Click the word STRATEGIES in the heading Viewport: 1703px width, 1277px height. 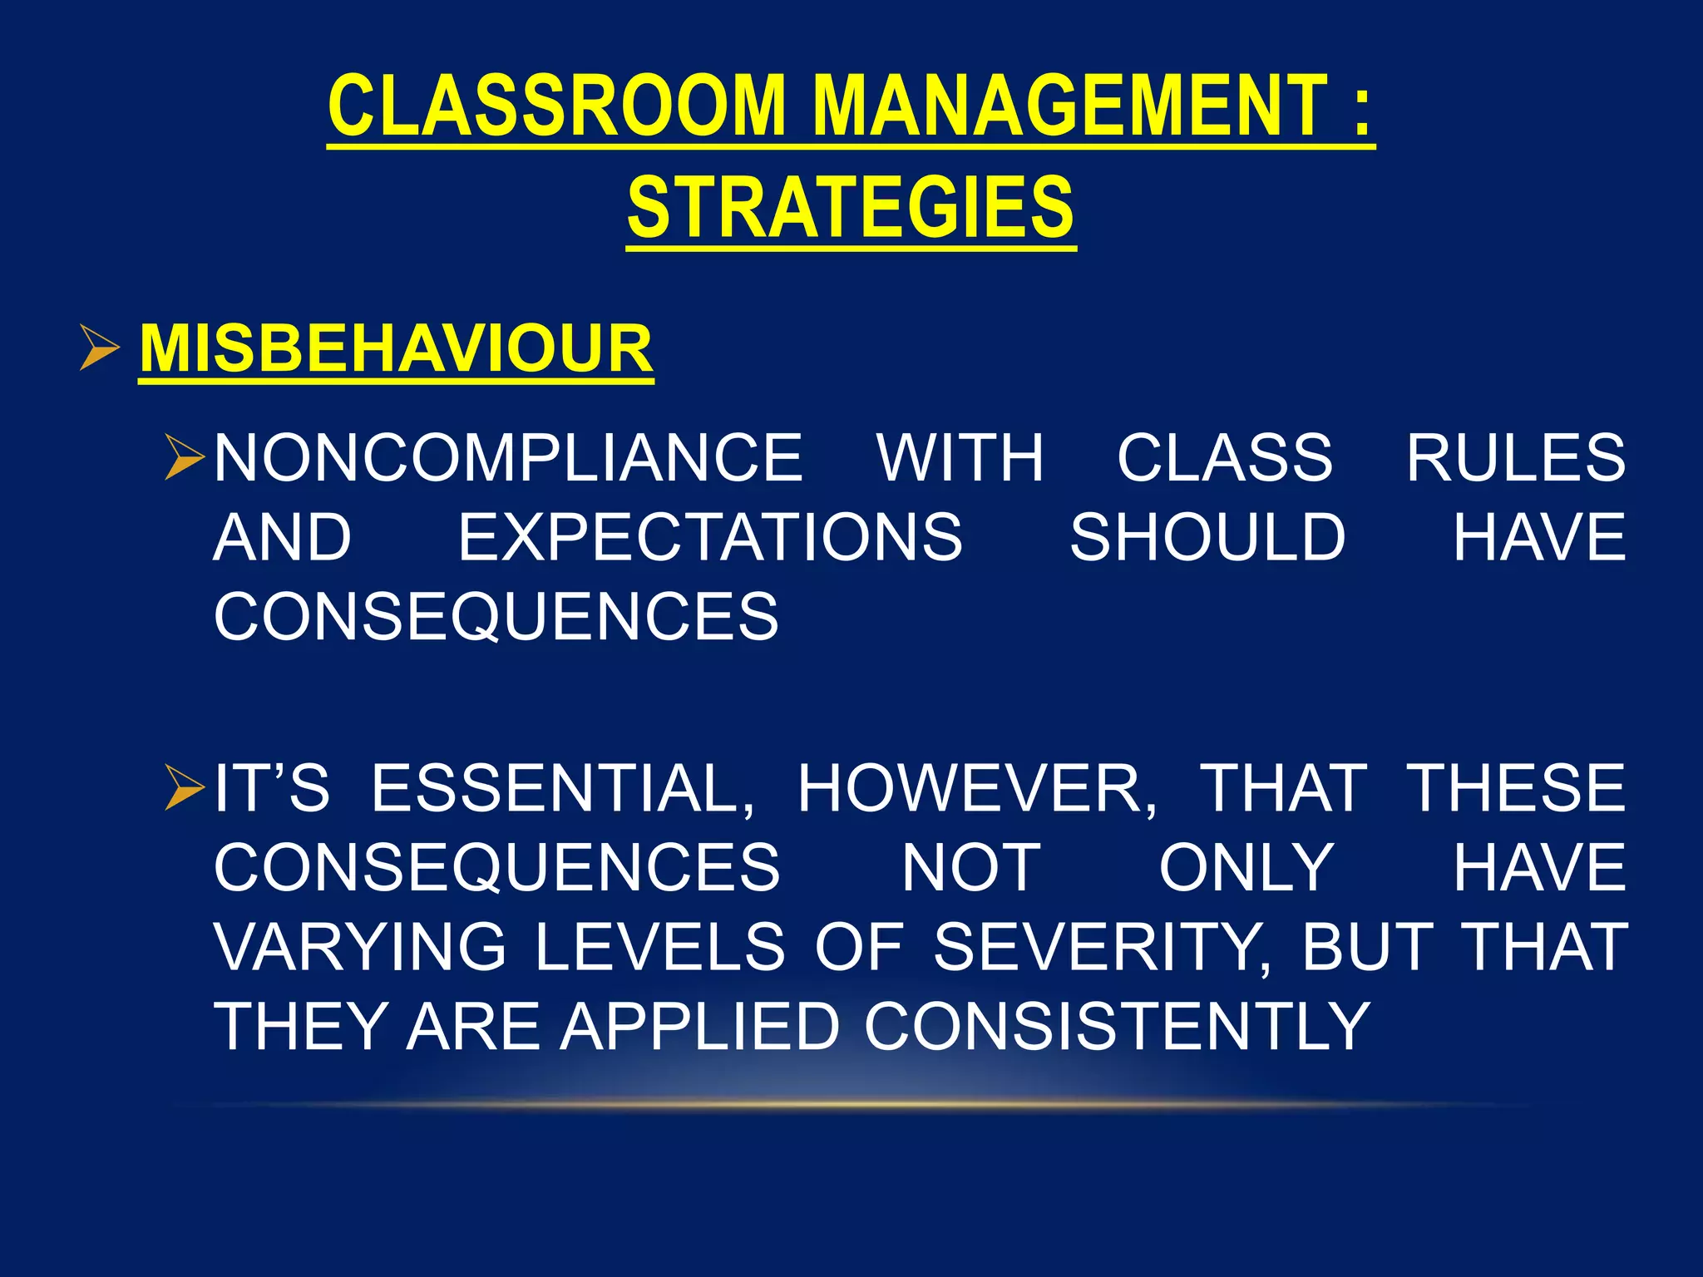851,207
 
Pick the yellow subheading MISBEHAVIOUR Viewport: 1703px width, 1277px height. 396,348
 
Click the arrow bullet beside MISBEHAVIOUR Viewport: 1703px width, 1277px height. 100,348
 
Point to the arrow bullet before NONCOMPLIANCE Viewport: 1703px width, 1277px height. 185,457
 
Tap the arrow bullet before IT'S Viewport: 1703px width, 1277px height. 185,788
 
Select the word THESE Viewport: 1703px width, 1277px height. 1515,788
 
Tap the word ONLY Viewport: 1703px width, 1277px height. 1246,868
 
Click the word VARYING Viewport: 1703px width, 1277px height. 359,947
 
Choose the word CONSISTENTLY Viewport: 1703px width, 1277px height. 1117,1027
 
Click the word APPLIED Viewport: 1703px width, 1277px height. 700,1027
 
